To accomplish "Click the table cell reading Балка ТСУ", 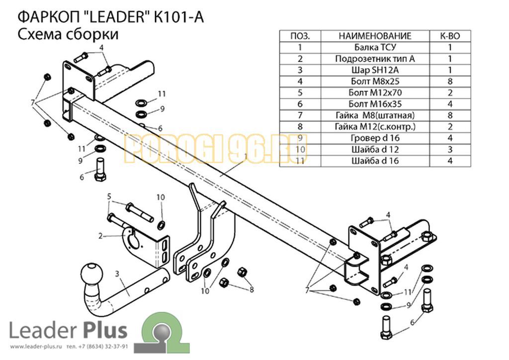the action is point(375,47).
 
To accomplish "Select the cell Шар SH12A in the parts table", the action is point(375,70).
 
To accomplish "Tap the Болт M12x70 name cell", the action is point(375,93).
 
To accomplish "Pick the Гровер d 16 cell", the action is point(375,138).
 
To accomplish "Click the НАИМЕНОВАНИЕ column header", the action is point(375,36).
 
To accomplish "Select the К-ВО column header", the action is point(450,36).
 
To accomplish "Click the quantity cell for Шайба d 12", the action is point(450,150).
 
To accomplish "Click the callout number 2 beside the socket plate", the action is point(100,236).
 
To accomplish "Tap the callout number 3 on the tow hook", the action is point(117,274).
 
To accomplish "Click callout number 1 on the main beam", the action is point(246,157).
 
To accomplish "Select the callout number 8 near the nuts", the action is point(252,289).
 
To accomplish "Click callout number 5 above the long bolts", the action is point(109,196).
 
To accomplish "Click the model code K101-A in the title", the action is point(178,17).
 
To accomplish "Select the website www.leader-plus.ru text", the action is point(36,347).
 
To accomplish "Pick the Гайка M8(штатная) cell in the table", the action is point(375,115).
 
